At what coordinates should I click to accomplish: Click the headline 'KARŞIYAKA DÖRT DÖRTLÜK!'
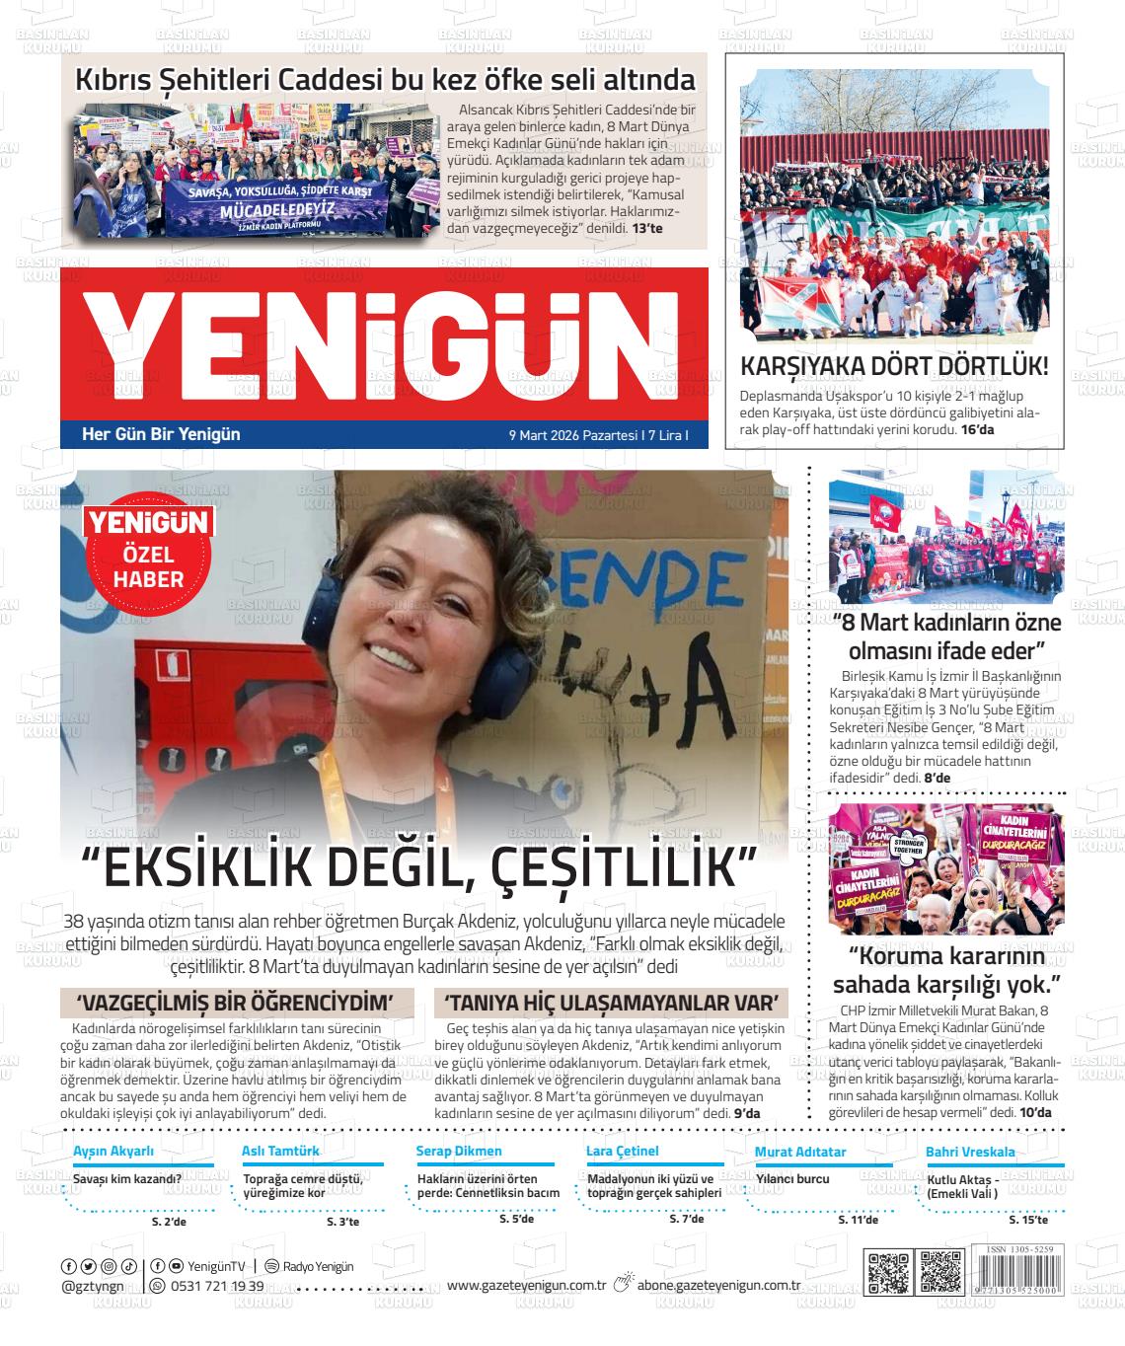(894, 366)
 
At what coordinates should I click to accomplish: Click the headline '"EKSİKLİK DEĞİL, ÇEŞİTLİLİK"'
(418, 868)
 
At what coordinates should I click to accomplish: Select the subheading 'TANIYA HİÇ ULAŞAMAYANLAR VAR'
(611, 1003)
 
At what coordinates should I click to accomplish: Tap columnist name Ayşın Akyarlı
(113, 1151)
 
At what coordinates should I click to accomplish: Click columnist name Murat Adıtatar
(800, 1152)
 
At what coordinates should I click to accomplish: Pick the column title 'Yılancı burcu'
(792, 1178)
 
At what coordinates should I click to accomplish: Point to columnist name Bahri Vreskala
(970, 1152)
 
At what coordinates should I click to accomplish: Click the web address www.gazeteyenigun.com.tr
(526, 1285)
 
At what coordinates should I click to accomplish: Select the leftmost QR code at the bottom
(885, 1272)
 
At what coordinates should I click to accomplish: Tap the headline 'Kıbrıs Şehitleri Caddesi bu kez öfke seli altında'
(386, 79)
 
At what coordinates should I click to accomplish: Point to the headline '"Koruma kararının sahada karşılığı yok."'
(946, 971)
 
